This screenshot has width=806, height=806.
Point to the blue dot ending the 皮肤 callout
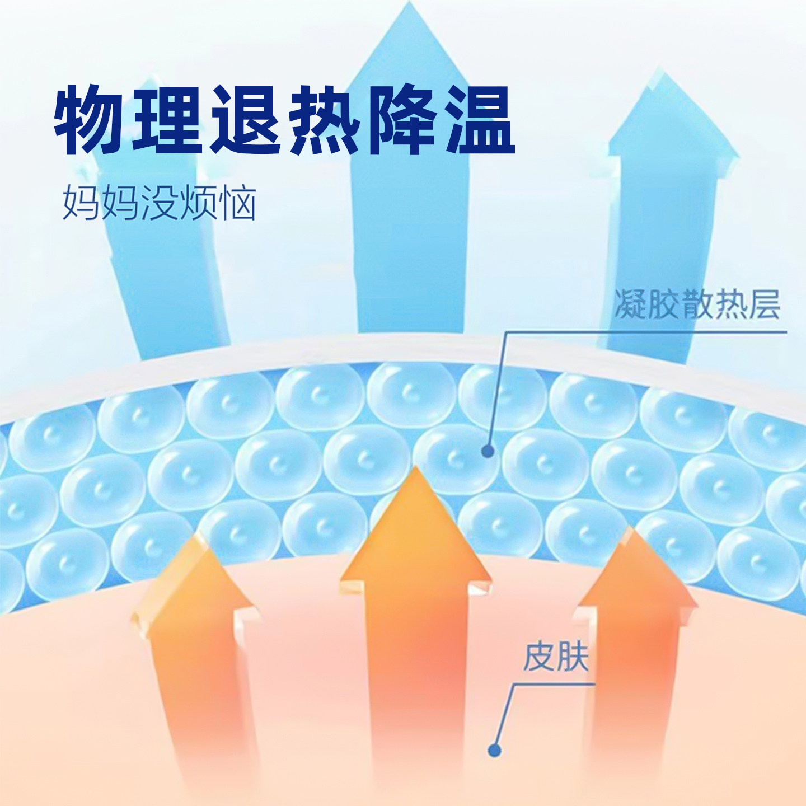pos(495,749)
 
